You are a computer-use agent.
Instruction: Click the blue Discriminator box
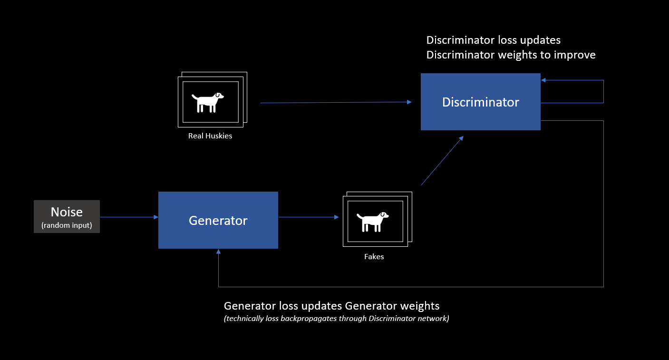click(481, 102)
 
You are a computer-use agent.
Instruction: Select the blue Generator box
click(218, 220)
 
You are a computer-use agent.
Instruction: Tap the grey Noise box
click(67, 216)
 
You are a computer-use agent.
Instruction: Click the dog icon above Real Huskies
click(208, 102)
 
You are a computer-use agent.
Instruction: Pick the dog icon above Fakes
click(373, 222)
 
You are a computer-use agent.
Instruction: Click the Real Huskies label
click(210, 136)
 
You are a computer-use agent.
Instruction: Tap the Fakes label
click(374, 257)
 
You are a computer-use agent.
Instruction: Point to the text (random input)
click(67, 225)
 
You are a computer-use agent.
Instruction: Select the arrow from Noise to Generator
click(129, 217)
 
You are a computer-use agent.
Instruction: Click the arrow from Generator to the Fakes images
click(309, 217)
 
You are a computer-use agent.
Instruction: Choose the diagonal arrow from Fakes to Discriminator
click(442, 161)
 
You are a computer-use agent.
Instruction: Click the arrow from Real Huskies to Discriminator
click(336, 102)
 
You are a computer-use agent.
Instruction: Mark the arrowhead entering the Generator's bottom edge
click(219, 252)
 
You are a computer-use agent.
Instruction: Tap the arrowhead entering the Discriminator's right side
click(543, 80)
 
